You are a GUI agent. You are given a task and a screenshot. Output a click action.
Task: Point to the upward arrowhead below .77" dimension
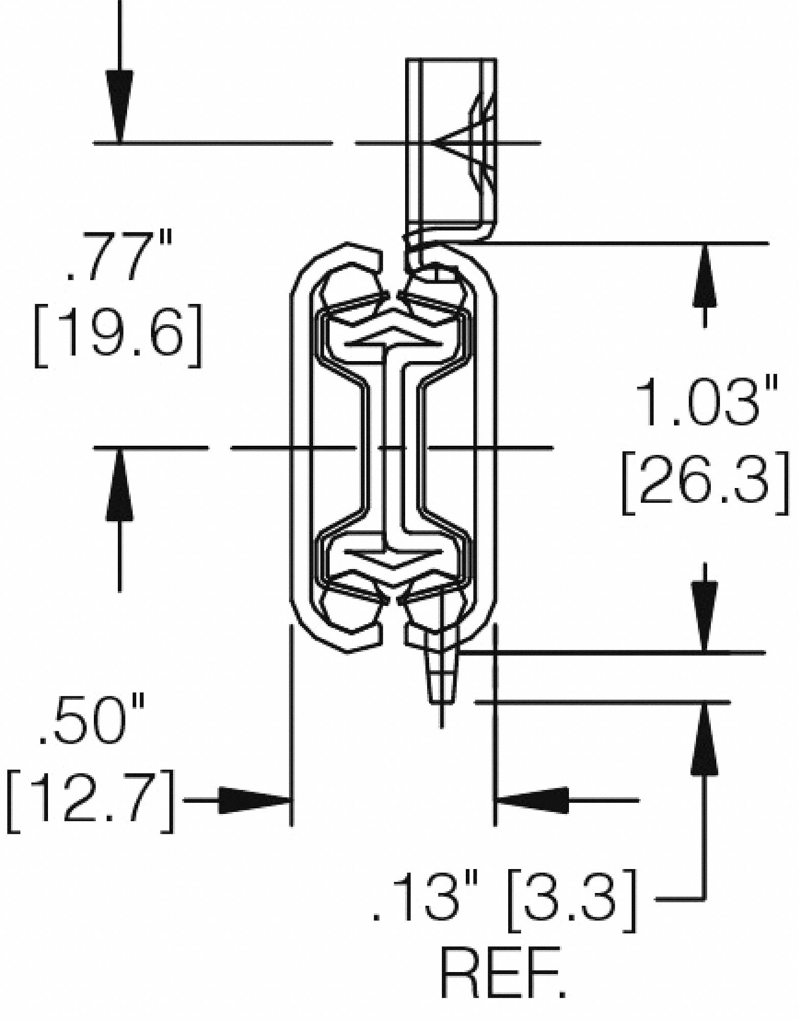click(119, 484)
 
